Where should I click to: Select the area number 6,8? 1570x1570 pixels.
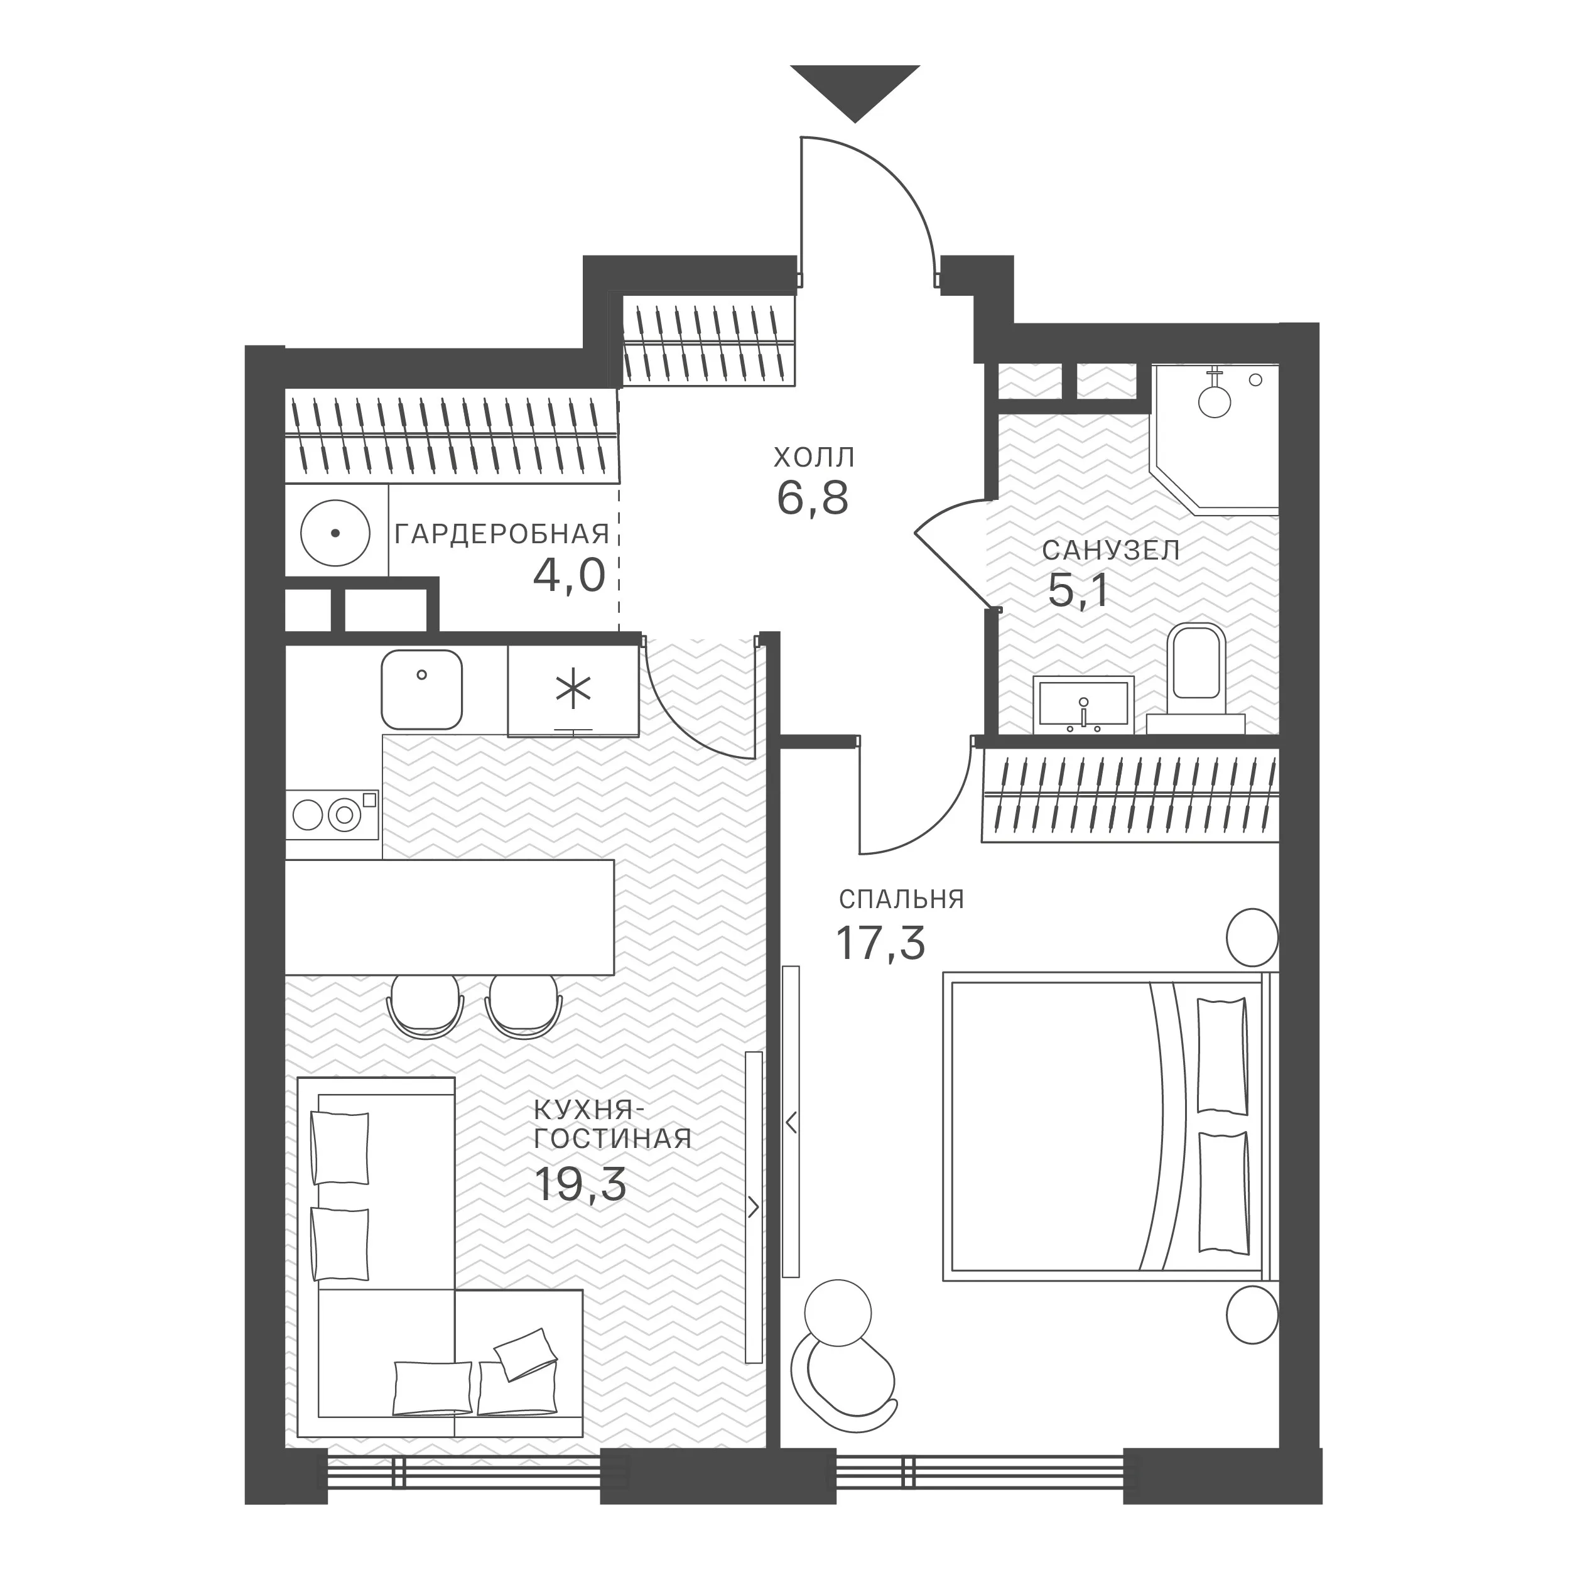[x=813, y=499]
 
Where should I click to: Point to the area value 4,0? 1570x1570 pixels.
[x=569, y=576]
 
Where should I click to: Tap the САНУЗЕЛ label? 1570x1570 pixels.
[x=1110, y=550]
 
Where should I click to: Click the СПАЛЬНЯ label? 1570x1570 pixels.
[x=901, y=899]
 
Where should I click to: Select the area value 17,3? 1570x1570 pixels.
[x=881, y=943]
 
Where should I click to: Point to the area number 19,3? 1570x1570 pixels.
[x=580, y=1184]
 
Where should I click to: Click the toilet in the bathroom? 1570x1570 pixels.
[x=1195, y=678]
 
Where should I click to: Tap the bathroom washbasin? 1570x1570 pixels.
[x=1083, y=703]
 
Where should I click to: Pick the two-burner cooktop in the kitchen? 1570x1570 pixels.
[x=332, y=815]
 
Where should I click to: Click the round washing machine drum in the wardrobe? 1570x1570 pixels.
[x=335, y=534]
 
